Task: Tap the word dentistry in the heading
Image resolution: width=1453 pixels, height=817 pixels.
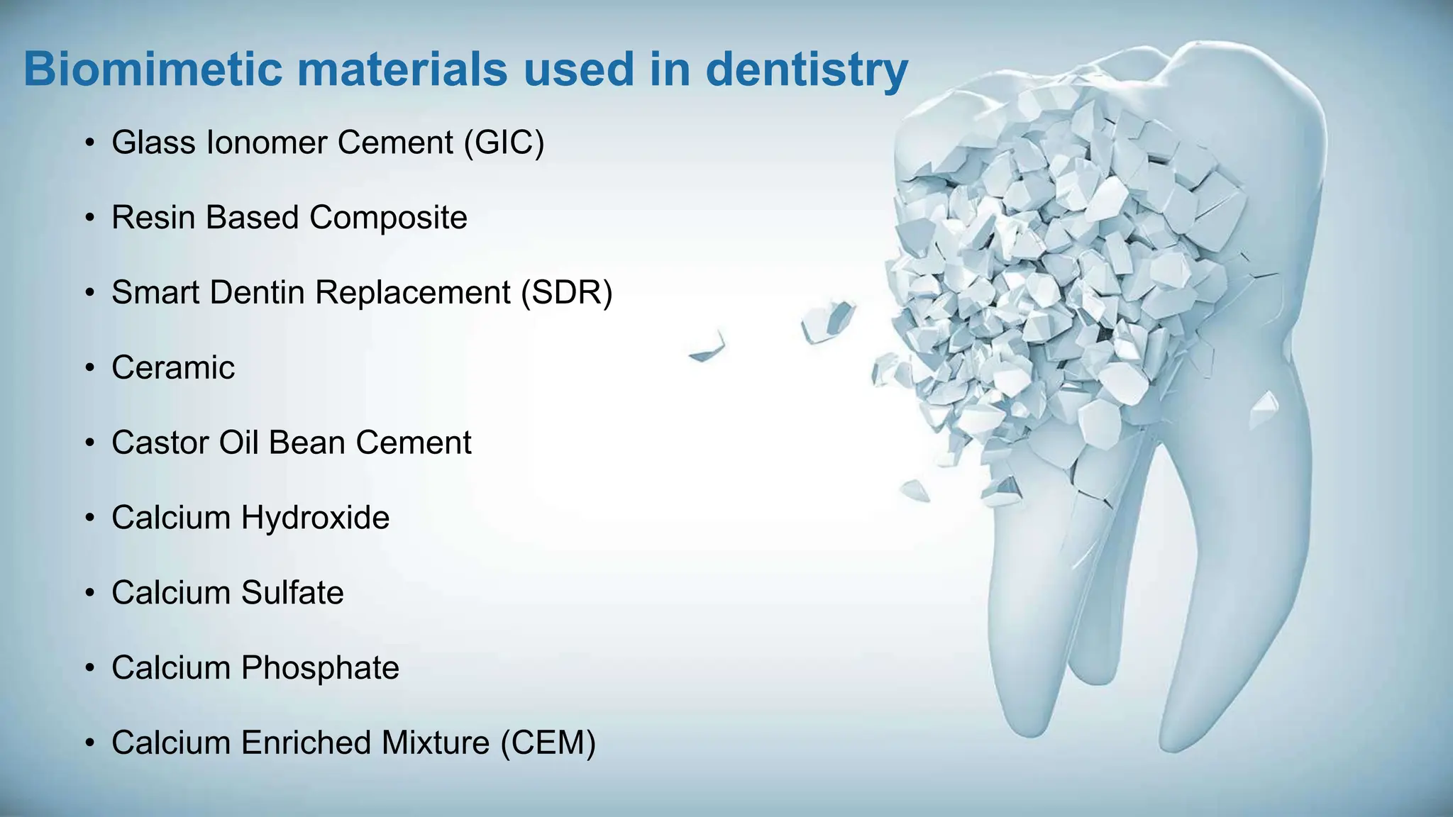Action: click(807, 70)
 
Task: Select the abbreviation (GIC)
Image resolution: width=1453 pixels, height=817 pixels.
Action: click(504, 143)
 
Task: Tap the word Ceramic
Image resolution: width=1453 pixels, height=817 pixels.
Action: click(173, 367)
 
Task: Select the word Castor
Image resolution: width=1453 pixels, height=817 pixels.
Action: click(160, 443)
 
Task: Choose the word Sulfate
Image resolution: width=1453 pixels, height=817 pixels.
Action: click(292, 593)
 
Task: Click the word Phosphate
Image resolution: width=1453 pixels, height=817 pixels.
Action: click(320, 668)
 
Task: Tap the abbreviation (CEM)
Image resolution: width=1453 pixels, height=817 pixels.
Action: click(548, 743)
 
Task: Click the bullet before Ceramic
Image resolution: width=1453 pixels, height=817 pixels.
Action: click(89, 368)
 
